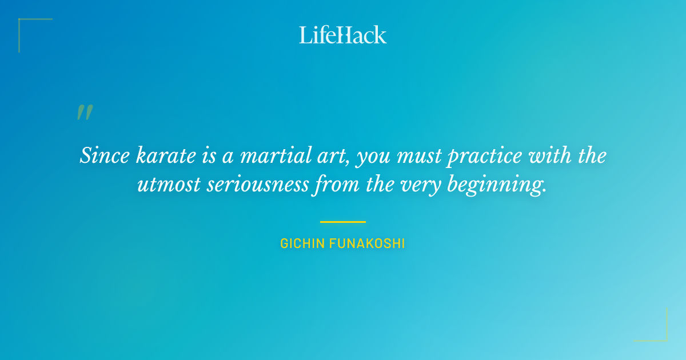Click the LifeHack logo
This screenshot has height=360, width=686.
coord(343,35)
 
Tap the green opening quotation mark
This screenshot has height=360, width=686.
coord(85,113)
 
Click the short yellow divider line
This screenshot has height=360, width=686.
coord(342,222)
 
